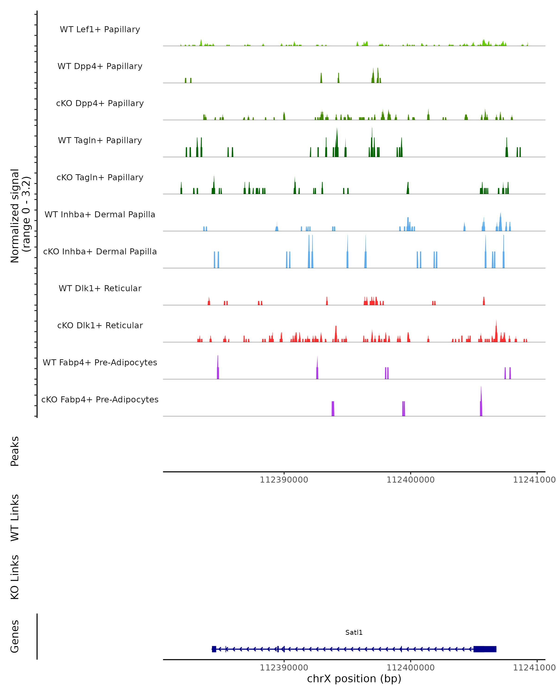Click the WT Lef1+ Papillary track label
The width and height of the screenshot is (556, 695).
pyautogui.click(x=100, y=29)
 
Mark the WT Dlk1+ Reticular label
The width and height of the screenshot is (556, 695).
pyautogui.click(x=100, y=288)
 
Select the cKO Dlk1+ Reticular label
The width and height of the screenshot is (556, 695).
pyautogui.click(x=100, y=325)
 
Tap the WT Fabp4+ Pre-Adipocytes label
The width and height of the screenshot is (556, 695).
pyautogui.click(x=100, y=362)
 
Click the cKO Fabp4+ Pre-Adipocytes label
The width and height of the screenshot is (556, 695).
pyautogui.click(x=100, y=399)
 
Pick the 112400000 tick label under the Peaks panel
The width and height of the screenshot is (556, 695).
pyautogui.click(x=410, y=480)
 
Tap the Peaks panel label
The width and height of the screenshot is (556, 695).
pyautogui.click(x=15, y=451)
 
